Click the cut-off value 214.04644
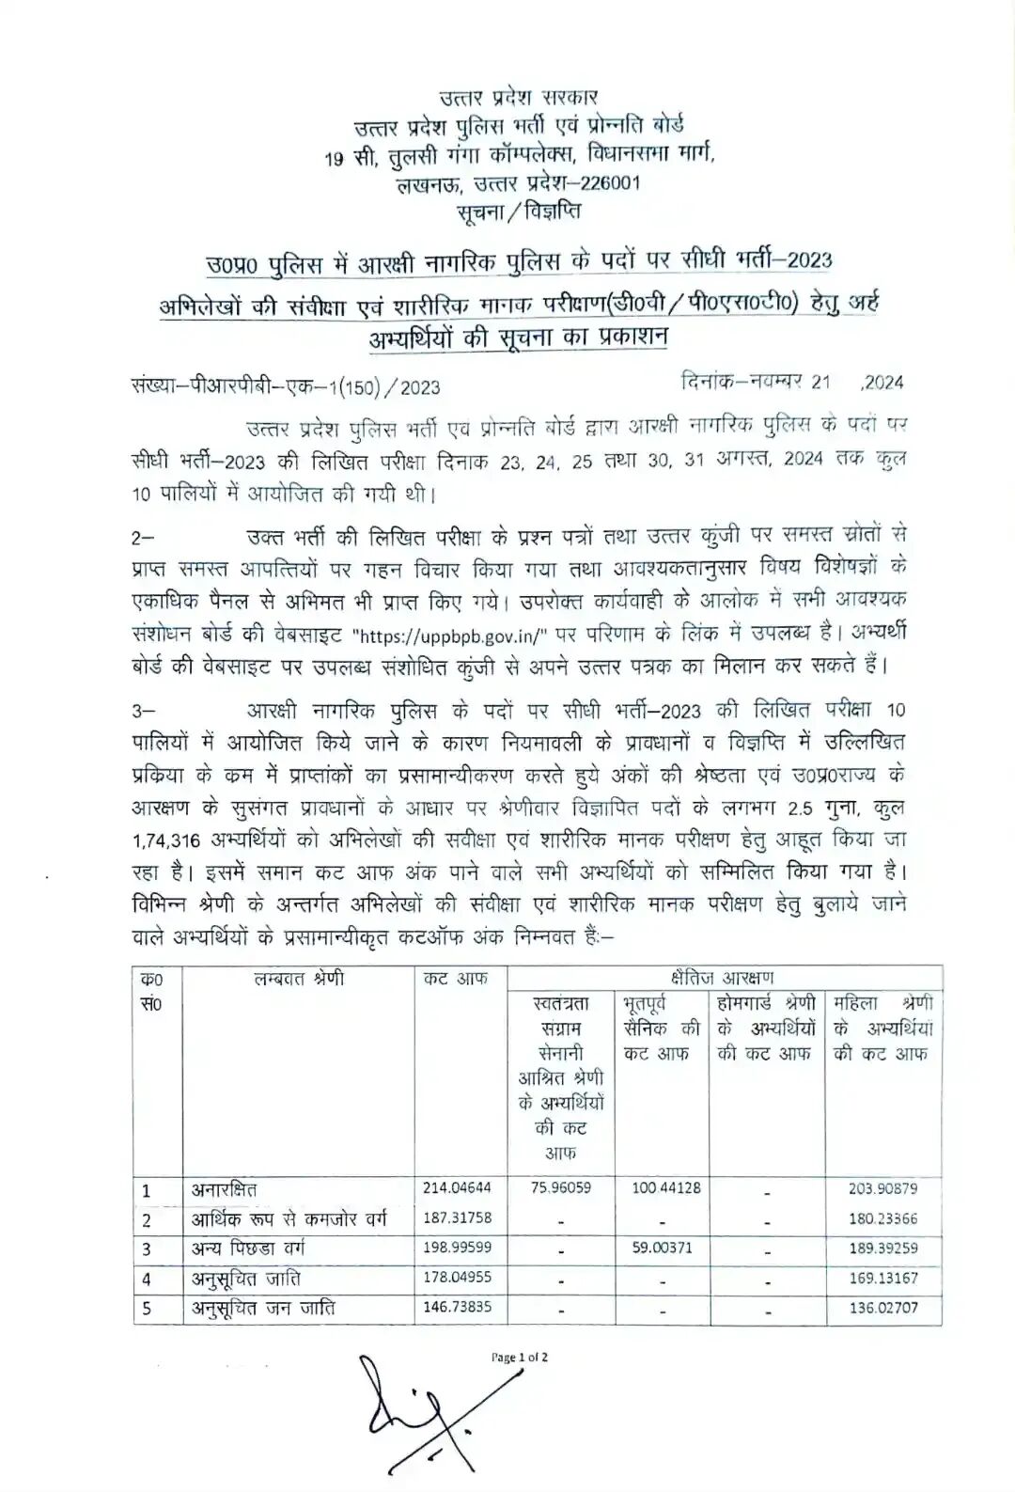point(457,1188)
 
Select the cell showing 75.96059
point(561,1188)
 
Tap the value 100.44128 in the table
point(665,1188)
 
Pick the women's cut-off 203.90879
point(882,1188)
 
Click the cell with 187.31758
point(457,1218)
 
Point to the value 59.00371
point(665,1249)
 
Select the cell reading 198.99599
point(457,1249)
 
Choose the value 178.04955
point(457,1278)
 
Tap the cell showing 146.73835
point(457,1307)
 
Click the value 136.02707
point(882,1308)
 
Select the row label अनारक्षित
point(225,1190)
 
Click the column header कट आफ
point(456,979)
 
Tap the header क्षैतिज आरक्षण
point(724,978)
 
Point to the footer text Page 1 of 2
point(520,1358)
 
